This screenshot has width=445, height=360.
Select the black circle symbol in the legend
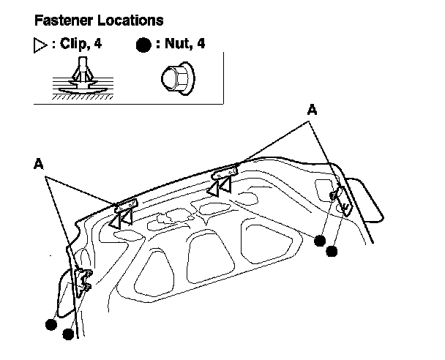pos(143,45)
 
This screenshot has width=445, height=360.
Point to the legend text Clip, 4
pos(79,44)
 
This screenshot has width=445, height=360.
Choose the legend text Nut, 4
pos(182,44)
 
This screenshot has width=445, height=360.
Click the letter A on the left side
pos(39,165)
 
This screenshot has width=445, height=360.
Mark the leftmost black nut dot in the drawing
pos(51,324)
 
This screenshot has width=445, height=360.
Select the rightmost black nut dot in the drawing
pos(332,251)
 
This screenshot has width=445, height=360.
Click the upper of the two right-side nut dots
pos(319,240)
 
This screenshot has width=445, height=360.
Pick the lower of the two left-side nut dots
pos(68,334)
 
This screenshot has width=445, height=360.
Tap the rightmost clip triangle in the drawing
pos(225,187)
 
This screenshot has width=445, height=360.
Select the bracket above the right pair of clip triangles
pos(225,173)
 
